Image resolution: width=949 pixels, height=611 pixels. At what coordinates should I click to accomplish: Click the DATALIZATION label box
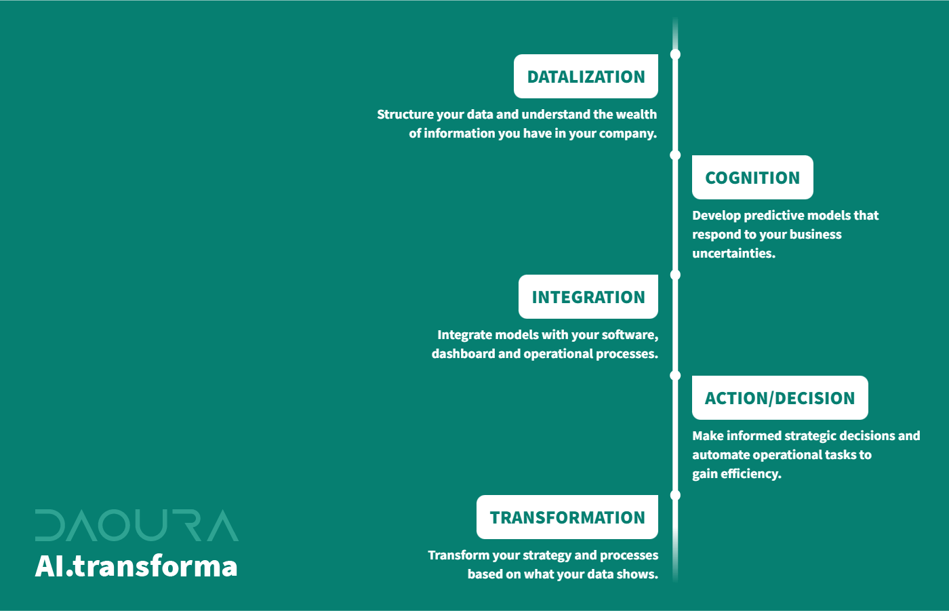click(x=586, y=76)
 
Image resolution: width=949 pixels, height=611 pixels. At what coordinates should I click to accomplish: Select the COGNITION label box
click(x=752, y=177)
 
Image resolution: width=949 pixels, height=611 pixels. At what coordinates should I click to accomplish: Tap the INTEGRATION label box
click(x=588, y=296)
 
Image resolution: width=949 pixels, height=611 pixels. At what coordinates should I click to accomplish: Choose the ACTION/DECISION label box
click(x=780, y=397)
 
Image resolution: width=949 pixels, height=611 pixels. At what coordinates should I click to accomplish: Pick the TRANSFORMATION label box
click(x=567, y=517)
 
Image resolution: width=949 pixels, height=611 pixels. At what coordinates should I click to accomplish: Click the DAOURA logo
click(x=137, y=525)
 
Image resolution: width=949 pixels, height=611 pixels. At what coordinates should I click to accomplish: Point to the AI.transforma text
click(x=136, y=566)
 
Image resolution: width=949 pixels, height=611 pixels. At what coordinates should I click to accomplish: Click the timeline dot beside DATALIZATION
click(x=675, y=54)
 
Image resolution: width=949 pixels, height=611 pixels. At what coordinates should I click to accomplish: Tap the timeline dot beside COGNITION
click(x=675, y=155)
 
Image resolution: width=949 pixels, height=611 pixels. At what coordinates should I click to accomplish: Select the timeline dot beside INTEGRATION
click(x=675, y=275)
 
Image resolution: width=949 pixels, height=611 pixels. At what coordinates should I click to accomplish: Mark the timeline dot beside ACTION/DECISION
click(x=675, y=376)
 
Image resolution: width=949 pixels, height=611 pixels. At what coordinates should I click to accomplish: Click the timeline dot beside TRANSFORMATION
click(x=675, y=495)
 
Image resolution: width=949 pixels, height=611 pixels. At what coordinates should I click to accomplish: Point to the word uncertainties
click(x=733, y=254)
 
